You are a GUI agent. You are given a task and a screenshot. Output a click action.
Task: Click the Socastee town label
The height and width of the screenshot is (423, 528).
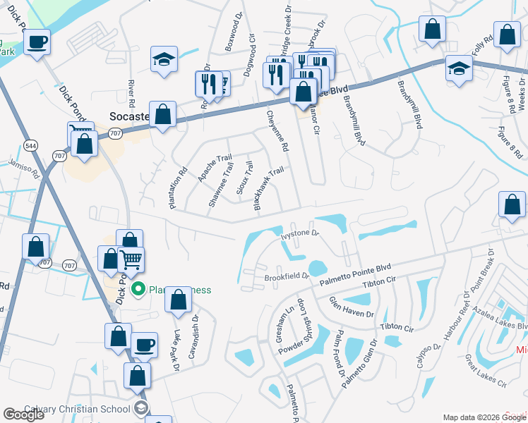[x=131, y=116]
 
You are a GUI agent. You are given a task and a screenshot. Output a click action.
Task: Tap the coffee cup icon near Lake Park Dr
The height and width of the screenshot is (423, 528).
[x=144, y=345]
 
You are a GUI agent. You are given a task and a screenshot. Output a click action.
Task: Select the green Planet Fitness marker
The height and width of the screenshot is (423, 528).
[x=138, y=289]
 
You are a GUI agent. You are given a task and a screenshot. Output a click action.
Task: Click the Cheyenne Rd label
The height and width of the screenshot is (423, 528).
[x=277, y=131]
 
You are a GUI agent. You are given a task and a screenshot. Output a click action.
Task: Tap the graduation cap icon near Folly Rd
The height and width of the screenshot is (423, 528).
[x=459, y=68]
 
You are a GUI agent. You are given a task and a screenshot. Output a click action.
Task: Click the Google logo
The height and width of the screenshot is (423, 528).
[x=23, y=415]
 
